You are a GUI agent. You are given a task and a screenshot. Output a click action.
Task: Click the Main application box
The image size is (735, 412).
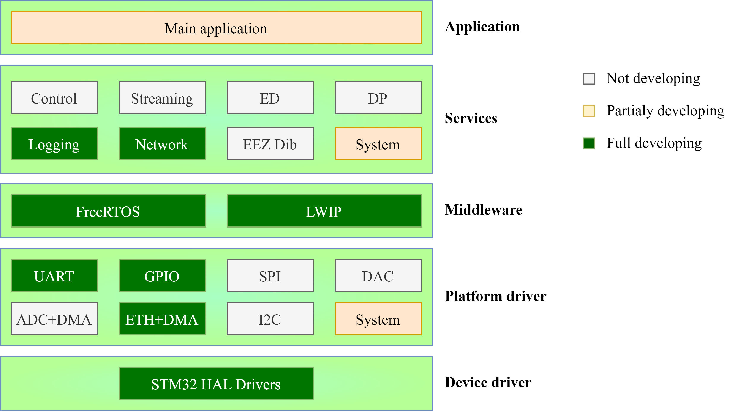coord(216,28)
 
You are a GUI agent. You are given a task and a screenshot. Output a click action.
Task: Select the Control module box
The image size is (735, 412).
coord(54,97)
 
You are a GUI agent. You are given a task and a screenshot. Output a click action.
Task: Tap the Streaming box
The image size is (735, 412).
coord(162,97)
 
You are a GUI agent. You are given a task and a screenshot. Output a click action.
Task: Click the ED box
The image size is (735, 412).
coord(270,97)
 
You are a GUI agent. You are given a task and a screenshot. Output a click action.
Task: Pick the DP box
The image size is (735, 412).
coord(378,97)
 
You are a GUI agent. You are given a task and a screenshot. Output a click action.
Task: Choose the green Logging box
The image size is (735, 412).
coord(54,143)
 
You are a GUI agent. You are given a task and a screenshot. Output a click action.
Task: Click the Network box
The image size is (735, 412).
coord(162,143)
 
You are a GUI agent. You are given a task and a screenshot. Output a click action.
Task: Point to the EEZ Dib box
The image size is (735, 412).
coord(270,143)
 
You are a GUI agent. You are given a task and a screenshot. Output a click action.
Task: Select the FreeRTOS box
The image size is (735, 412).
coord(108,211)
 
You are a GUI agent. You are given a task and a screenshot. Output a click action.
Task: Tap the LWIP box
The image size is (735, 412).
coord(324,211)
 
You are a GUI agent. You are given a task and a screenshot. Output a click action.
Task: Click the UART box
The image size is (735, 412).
coord(54,275)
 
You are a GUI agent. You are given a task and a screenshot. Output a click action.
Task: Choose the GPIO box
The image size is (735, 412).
coord(162,275)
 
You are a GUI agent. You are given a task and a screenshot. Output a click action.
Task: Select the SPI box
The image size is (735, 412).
coord(270,275)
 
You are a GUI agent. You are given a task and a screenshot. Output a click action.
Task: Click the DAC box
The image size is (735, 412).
coord(378,275)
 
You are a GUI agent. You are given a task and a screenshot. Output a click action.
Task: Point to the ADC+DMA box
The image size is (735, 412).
coord(54,319)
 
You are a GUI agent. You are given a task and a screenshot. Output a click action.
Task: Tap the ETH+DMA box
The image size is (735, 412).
coord(162,319)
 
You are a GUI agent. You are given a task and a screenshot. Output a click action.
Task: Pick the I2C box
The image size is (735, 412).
coord(270,319)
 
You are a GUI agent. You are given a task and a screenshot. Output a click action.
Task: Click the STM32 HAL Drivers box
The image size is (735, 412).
coord(216,384)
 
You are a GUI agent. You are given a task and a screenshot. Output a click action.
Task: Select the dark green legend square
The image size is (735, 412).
coord(588,143)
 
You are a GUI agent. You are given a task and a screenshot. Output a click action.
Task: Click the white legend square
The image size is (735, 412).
coord(588,79)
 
